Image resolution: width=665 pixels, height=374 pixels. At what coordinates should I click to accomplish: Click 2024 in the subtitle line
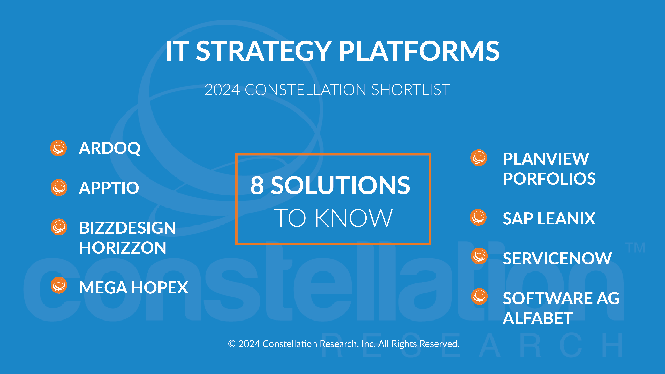pos(222,90)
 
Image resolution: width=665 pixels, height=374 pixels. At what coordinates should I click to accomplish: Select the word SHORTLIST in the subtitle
pos(411,90)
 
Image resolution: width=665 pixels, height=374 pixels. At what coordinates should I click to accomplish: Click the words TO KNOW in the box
pos(333,218)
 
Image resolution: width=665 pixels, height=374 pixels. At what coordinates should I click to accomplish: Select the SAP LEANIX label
pos(549,219)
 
